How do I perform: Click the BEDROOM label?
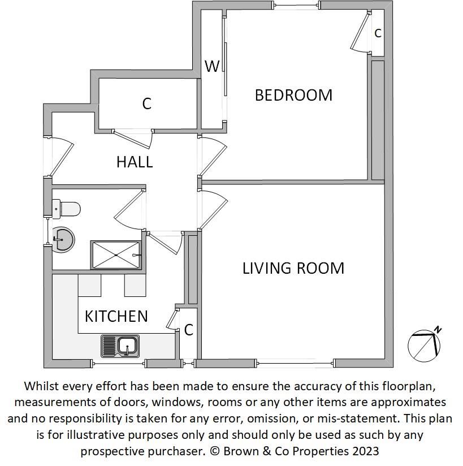pos(293,95)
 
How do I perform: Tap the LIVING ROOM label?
pos(293,268)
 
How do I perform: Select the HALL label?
pos(135,162)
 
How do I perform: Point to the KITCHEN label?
pos(116,316)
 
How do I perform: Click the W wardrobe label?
pos(212,66)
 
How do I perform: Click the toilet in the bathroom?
pos(66,209)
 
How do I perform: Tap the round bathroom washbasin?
pos(62,240)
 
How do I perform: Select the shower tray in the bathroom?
pos(116,255)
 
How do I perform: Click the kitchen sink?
pos(120,346)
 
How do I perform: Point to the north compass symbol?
pos(425,345)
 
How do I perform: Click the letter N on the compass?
pos(438,330)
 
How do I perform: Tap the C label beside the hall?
pos(147,103)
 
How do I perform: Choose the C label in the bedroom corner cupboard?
pos(378,33)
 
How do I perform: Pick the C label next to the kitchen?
pos(189,330)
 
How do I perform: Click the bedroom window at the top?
pos(296,5)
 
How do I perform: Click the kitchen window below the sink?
pos(118,363)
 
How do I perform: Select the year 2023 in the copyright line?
pos(366,451)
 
